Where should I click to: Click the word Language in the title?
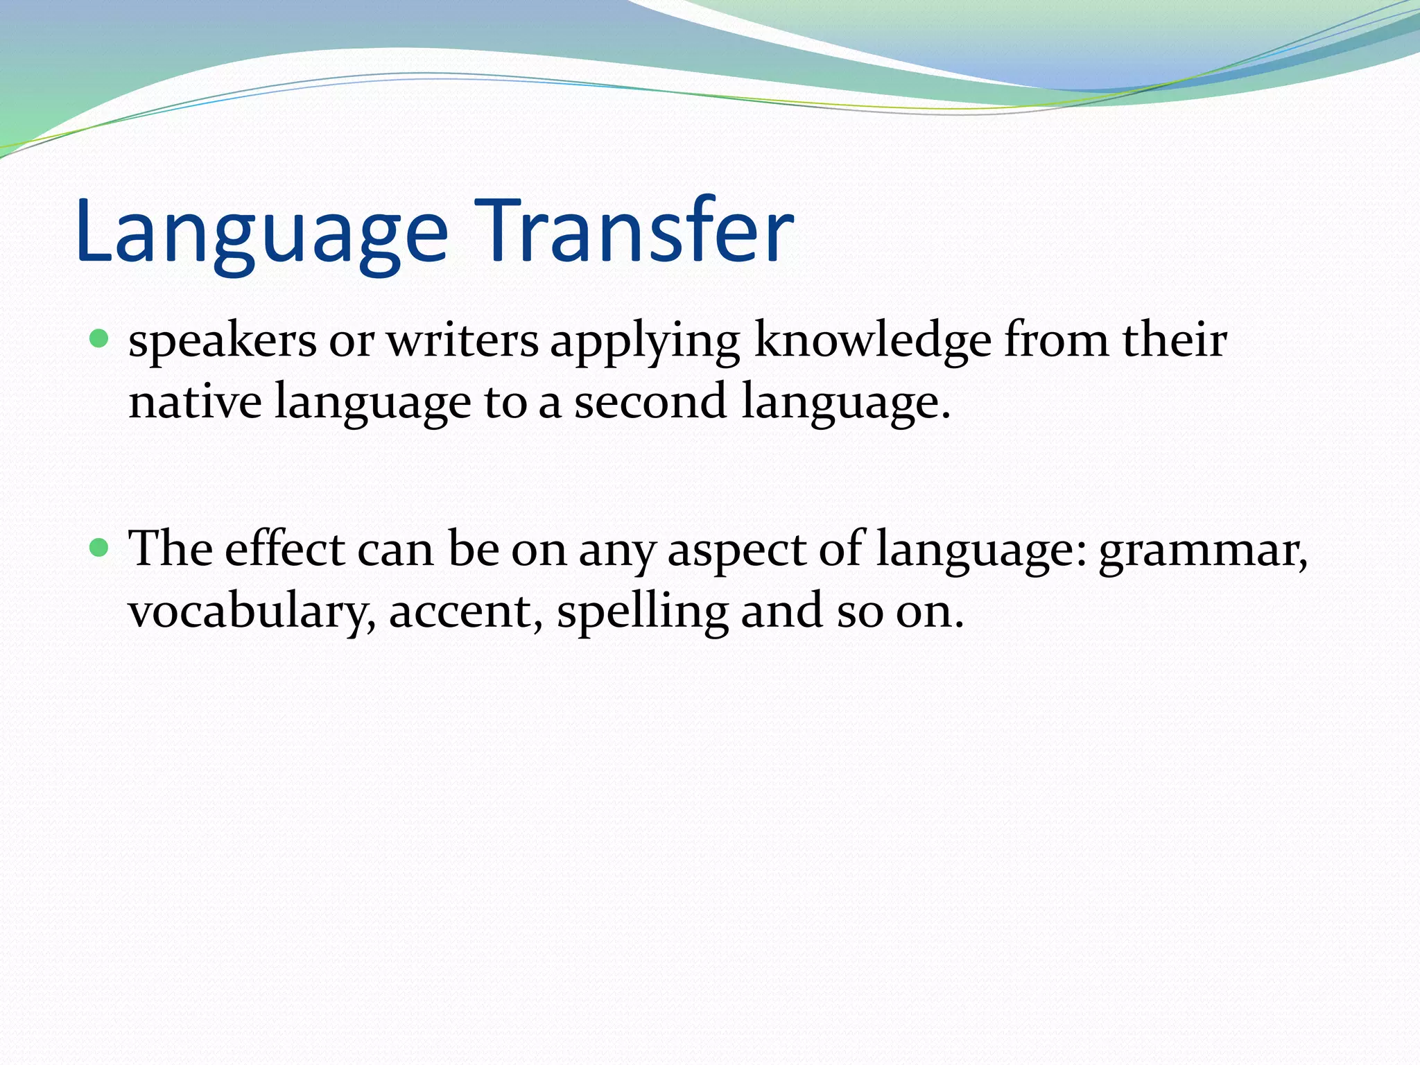point(262,232)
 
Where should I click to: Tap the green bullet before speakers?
point(100,339)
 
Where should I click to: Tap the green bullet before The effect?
point(100,548)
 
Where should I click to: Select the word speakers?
point(223,343)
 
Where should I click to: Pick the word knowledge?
point(872,343)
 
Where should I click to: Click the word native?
point(195,402)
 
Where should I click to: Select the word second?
point(650,402)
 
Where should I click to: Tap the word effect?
point(284,550)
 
